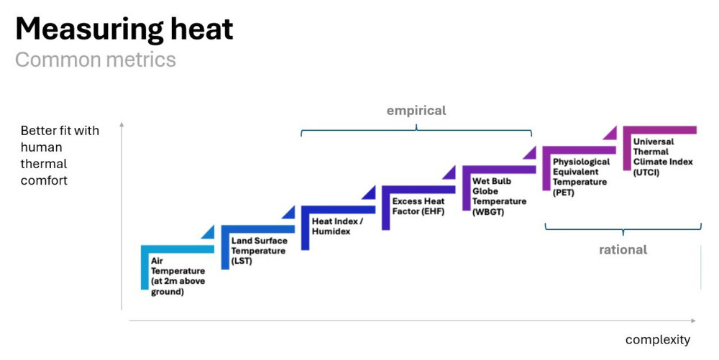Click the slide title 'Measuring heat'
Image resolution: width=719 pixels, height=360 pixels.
pyautogui.click(x=124, y=29)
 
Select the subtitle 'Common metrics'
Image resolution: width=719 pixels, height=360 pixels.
pyautogui.click(x=95, y=60)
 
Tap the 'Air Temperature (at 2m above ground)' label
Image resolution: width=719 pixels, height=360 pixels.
pyautogui.click(x=178, y=276)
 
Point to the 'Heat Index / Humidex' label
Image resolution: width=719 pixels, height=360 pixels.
pyautogui.click(x=337, y=226)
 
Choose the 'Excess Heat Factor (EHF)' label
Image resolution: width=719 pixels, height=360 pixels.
pyautogui.click(x=418, y=206)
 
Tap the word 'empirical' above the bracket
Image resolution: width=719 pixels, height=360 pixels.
pyautogui.click(x=416, y=111)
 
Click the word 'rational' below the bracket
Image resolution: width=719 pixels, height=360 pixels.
pyautogui.click(x=623, y=249)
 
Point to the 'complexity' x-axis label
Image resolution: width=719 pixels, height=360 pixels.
pyautogui.click(x=657, y=339)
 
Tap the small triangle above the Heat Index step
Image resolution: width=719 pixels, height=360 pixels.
pyautogui.click(x=369, y=193)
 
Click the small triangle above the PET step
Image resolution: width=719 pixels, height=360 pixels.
pyautogui.click(x=610, y=133)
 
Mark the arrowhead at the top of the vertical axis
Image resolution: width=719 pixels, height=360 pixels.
pyautogui.click(x=122, y=125)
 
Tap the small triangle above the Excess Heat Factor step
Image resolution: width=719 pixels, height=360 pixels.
pyautogui.click(x=449, y=172)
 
